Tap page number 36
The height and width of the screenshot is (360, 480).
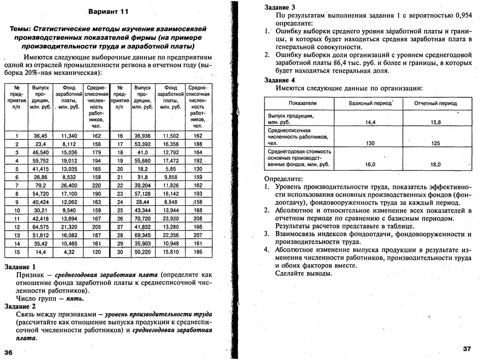(x=10, y=352)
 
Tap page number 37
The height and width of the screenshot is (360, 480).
(x=467, y=348)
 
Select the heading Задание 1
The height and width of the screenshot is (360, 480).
(x=20, y=267)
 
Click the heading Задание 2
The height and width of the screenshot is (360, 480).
(x=20, y=306)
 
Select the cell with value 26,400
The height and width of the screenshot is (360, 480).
(x=69, y=185)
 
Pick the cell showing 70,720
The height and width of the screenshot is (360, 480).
(x=142, y=218)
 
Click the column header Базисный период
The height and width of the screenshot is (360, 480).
(x=371, y=103)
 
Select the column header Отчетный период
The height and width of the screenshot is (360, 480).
(x=435, y=103)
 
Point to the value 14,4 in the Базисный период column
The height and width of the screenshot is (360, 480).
(x=370, y=122)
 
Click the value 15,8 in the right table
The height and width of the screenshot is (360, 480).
(x=436, y=122)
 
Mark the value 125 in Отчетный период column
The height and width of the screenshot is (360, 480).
(x=436, y=143)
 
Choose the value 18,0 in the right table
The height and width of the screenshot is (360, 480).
(x=436, y=164)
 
